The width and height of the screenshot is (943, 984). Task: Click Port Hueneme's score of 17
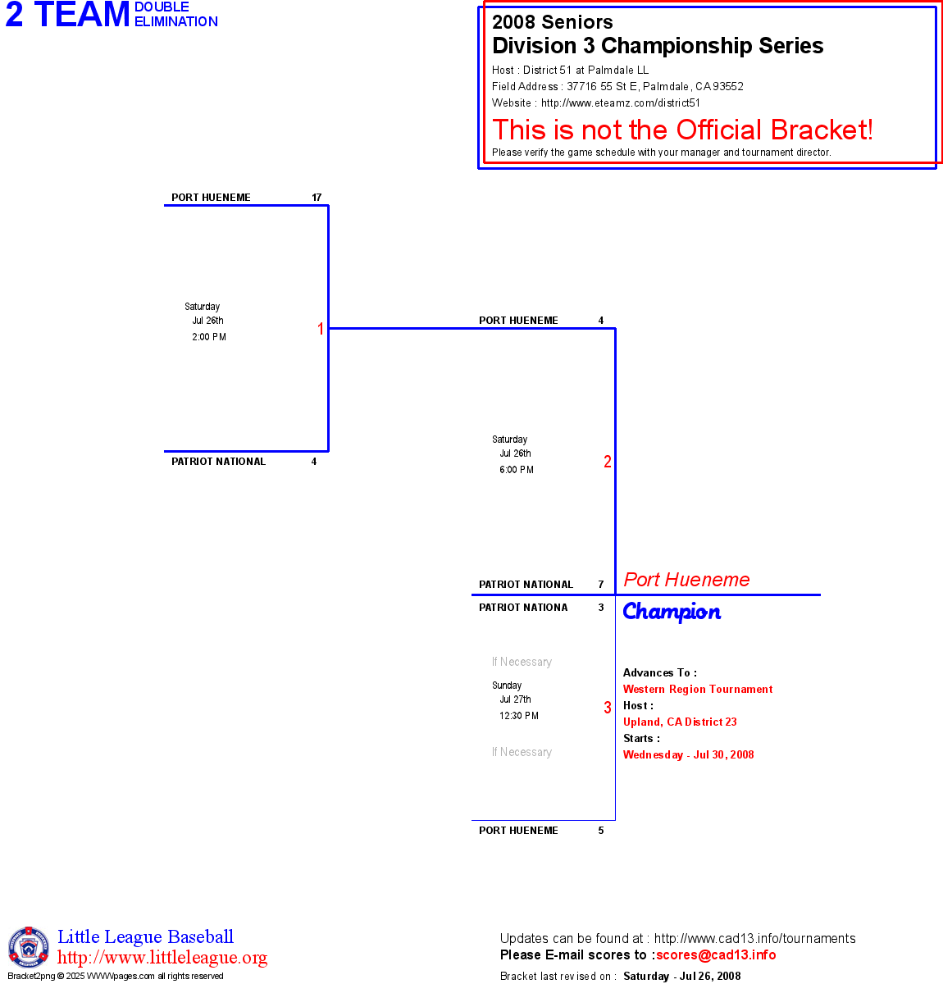[x=317, y=198]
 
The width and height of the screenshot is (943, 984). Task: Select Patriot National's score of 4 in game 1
[x=314, y=462]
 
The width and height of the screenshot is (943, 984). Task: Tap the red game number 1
[x=321, y=329]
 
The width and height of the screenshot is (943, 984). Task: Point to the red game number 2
[x=608, y=462]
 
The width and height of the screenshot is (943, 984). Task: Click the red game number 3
[x=608, y=708]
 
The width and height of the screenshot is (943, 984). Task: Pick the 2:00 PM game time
[x=209, y=337]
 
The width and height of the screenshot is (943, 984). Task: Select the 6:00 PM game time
[x=517, y=470]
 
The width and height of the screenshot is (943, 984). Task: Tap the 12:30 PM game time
[x=519, y=716]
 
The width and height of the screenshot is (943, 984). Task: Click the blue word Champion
[x=672, y=612]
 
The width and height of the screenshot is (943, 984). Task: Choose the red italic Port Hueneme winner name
[x=686, y=580]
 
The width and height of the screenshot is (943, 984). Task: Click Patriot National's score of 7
[x=601, y=585]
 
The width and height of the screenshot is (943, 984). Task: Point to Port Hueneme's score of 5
[x=601, y=831]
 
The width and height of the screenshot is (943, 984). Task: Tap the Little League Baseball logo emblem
[x=29, y=947]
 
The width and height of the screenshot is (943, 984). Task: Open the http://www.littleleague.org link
[x=162, y=958]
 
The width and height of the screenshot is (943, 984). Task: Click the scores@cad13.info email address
[x=716, y=954]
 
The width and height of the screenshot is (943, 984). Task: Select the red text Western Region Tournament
[x=698, y=690]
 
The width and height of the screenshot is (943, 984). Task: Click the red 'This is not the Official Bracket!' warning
[x=682, y=130]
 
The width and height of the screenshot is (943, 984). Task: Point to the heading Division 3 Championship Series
[x=658, y=46]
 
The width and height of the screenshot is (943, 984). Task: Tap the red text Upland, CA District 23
[x=680, y=722]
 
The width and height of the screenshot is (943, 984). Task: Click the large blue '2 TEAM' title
[x=68, y=15]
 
